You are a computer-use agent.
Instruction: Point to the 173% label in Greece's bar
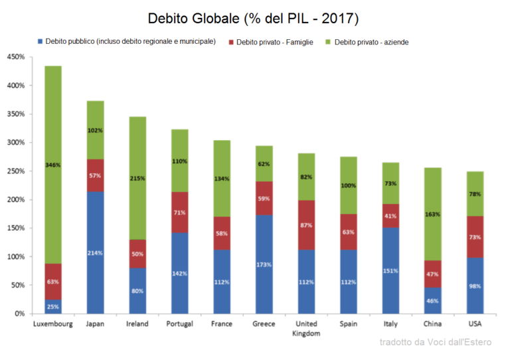(x=264, y=264)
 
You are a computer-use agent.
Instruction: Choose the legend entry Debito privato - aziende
(x=371, y=42)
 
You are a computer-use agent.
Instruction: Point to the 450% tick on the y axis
(x=15, y=57)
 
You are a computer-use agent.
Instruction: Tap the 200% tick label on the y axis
(x=15, y=200)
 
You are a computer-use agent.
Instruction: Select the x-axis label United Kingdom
(x=307, y=329)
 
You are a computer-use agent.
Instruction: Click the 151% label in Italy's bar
(x=391, y=270)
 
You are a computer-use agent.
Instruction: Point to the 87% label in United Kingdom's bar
(x=307, y=226)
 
